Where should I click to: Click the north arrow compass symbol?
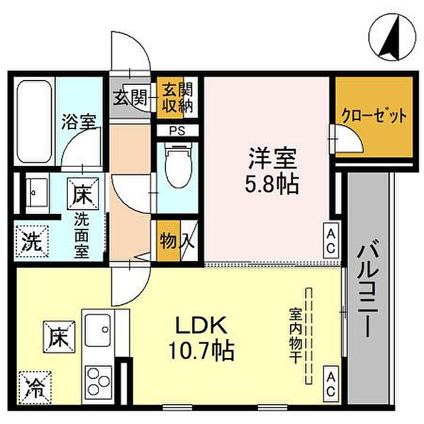392,37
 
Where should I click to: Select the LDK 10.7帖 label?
201,338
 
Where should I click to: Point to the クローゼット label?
374,116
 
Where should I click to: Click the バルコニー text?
367,288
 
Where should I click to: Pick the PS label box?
177,131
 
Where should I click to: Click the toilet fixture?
177,165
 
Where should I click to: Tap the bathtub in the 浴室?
35,121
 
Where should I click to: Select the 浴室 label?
79,122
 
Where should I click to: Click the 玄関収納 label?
177,98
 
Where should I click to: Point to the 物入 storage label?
177,241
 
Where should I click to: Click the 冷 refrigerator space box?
35,388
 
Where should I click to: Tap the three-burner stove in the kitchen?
98,382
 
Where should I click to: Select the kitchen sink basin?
98,330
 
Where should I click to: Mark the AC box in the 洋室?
331,240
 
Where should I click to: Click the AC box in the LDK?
331,384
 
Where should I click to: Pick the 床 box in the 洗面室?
83,194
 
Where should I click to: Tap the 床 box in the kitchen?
59,337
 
